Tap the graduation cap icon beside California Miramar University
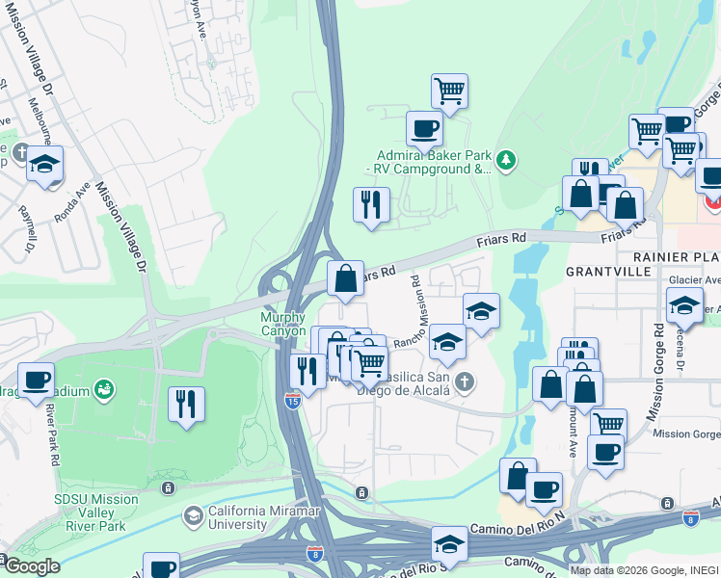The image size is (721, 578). [194, 517]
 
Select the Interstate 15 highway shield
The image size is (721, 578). [292, 400]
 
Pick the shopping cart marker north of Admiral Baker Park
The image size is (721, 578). [449, 92]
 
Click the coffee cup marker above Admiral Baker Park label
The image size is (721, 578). [423, 128]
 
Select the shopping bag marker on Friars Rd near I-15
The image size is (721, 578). [345, 279]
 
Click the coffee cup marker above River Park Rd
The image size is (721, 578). [36, 380]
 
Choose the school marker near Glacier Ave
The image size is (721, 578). [684, 306]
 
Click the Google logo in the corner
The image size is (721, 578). [31, 566]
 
